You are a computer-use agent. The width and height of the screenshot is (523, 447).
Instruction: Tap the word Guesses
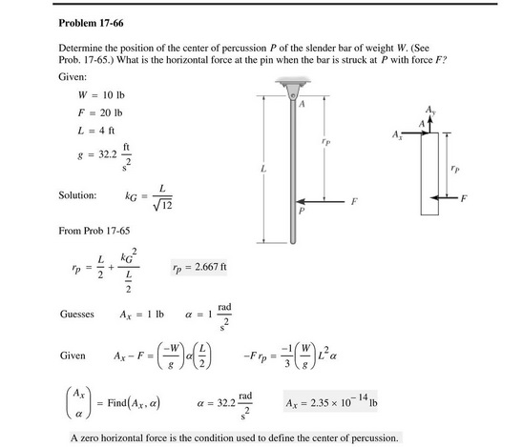pyautogui.click(x=76, y=313)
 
